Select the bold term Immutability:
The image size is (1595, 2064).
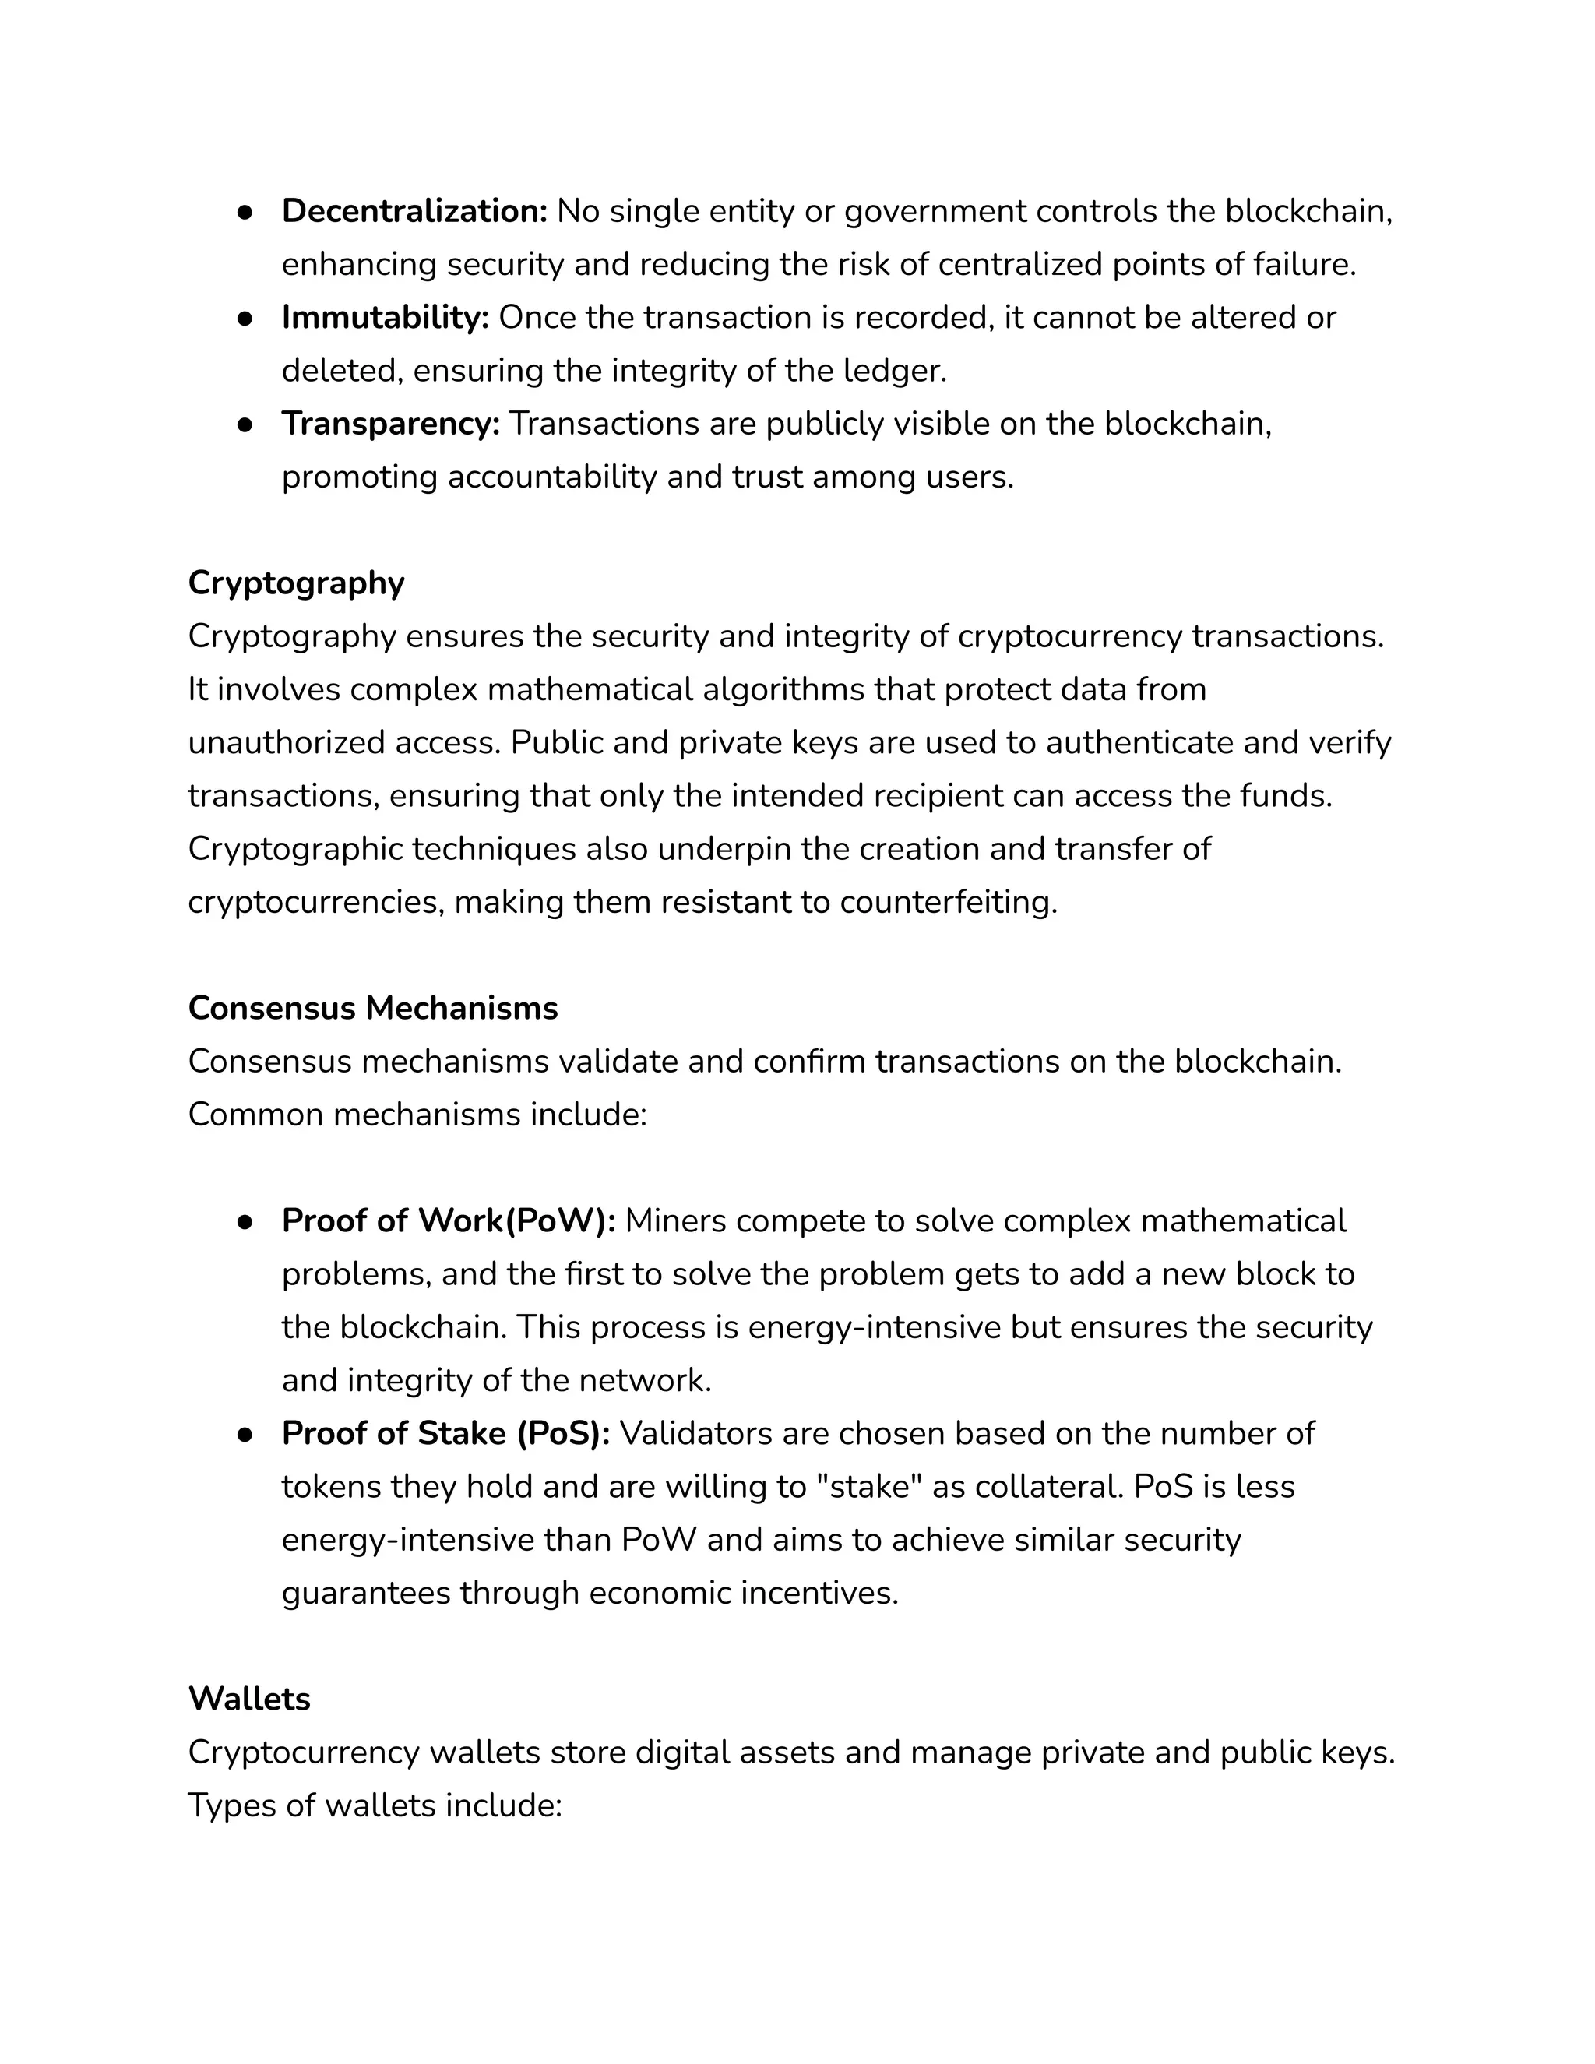tap(385, 318)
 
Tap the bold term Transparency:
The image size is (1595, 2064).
tap(390, 424)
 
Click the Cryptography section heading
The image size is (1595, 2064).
tap(296, 583)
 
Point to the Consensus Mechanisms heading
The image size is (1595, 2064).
tap(372, 1009)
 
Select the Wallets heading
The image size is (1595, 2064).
tap(248, 1699)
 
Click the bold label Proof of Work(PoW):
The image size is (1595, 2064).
tap(448, 1221)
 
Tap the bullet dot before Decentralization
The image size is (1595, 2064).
tap(245, 213)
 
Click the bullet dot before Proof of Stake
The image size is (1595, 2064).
tap(245, 1435)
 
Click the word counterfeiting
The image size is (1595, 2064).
tap(948, 903)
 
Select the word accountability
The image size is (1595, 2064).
tap(552, 477)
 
